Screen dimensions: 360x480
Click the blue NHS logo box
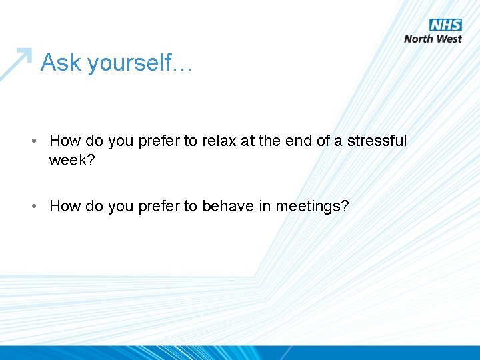click(x=446, y=25)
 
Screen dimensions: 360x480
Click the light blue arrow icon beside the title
click(x=16, y=63)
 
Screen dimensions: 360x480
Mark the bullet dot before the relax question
click(x=33, y=141)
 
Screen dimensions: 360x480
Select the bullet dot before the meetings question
click(x=33, y=207)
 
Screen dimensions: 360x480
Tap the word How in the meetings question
click(x=65, y=207)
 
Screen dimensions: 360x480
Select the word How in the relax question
click(x=65, y=141)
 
